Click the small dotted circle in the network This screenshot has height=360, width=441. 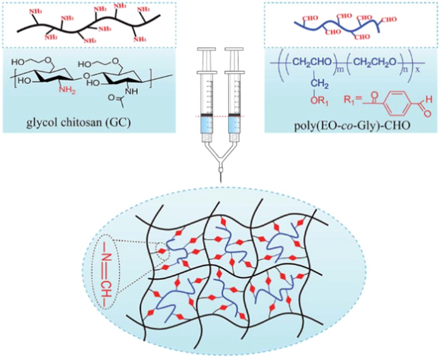click(x=161, y=252)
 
